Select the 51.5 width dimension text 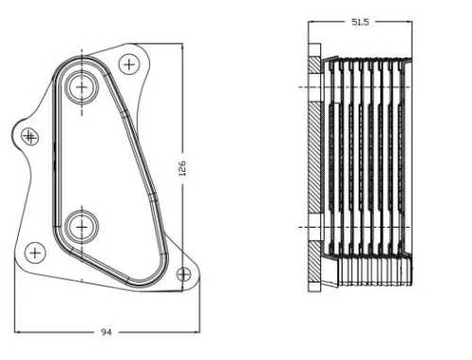360,21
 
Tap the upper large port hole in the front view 82,88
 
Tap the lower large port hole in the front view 82,226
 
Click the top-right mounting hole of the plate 128,64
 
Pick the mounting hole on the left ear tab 29,136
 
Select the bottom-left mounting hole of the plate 35,252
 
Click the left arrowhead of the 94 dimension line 19,332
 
